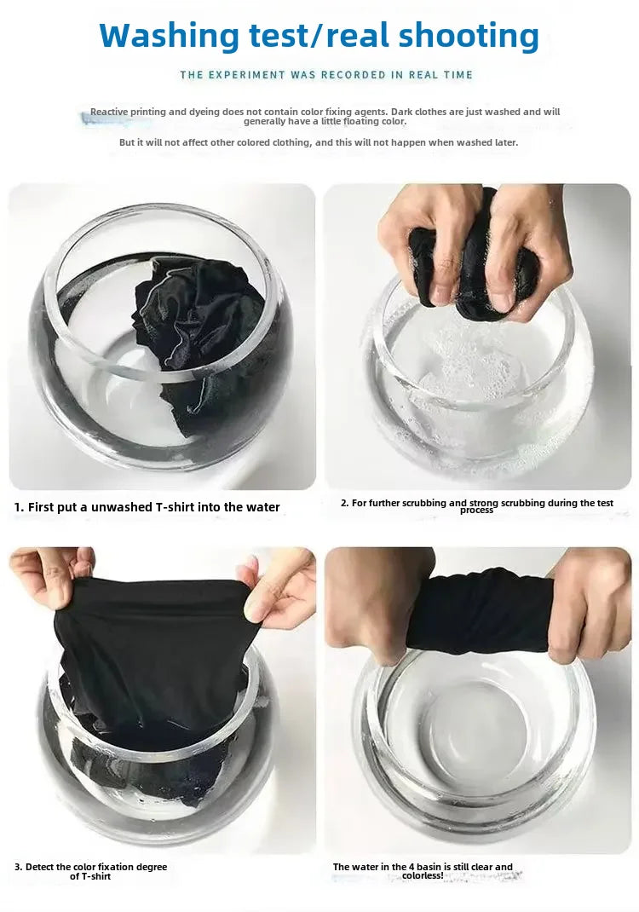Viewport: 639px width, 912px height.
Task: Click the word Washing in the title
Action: point(170,35)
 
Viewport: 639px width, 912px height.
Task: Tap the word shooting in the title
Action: point(469,35)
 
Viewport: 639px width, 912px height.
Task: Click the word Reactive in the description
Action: point(109,112)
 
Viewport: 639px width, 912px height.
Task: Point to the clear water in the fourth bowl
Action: point(477,733)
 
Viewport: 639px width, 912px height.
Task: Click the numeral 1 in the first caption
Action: point(18,507)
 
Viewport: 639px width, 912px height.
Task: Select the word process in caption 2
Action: point(476,511)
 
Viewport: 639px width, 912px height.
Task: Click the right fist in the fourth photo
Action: point(590,605)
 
